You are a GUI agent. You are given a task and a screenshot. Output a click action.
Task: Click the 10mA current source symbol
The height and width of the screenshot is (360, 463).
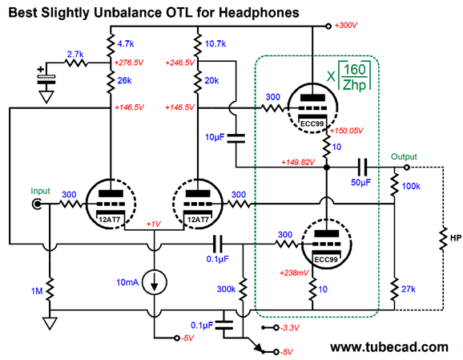pos(154,282)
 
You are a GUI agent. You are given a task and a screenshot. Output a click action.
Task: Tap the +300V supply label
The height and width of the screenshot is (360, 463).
pos(346,26)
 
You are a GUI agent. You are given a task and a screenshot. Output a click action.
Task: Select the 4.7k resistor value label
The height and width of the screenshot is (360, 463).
pos(126,44)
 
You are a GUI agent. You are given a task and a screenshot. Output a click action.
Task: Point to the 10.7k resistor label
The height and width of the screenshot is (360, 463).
pos(215,44)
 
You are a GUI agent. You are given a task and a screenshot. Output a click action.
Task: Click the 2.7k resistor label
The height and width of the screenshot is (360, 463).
pos(75,55)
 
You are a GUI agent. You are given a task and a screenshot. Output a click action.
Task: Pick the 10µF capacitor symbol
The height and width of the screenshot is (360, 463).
pos(236,139)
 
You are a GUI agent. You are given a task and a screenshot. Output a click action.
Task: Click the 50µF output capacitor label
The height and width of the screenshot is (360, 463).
pos(360,182)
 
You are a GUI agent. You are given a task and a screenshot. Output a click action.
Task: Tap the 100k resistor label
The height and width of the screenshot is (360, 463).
pos(411,186)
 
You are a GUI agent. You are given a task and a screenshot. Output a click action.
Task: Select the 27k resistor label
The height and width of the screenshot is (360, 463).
pos(408,289)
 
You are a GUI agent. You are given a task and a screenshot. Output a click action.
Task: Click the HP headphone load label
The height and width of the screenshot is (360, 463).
pos(456,237)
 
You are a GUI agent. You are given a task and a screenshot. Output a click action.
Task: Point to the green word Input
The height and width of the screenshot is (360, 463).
pos(41,192)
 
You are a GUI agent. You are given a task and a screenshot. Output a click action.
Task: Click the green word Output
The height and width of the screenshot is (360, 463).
pos(404,156)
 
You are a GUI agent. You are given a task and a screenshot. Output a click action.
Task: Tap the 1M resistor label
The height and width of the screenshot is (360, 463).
pos(37,291)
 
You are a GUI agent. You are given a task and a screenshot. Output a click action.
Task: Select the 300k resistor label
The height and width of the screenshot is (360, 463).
pos(226,289)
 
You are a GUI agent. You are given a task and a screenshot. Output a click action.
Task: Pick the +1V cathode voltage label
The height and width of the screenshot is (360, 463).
pos(153,224)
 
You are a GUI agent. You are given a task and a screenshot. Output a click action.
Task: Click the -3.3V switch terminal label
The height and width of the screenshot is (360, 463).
pos(290,327)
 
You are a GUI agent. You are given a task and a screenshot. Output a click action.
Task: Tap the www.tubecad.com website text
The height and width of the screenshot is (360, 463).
pos(389,346)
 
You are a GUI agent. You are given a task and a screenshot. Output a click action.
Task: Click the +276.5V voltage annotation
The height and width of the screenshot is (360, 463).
pos(129,63)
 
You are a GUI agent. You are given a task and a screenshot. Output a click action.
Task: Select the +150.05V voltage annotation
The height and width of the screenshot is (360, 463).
pos(347,131)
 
